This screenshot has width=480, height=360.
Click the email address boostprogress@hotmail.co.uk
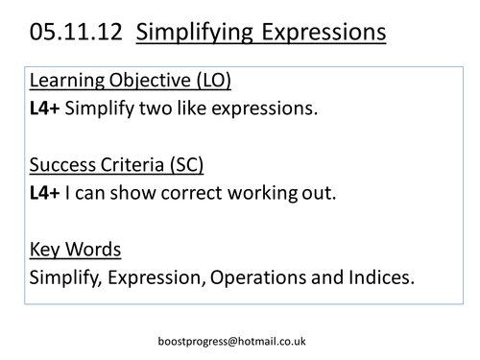[x=240, y=341]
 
